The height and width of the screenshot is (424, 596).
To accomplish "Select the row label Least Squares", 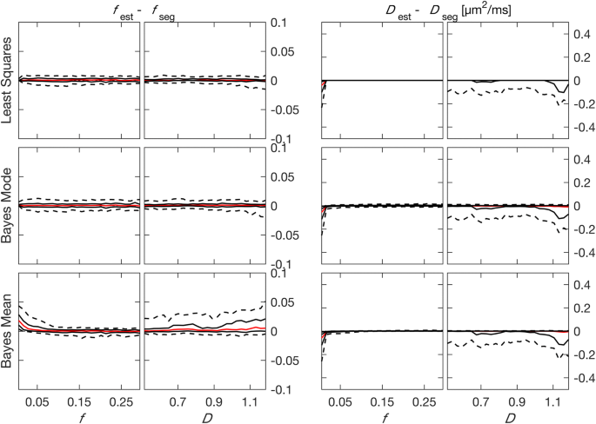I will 8,78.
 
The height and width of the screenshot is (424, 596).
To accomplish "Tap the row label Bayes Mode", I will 8,206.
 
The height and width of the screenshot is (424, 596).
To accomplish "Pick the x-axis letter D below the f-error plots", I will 204,416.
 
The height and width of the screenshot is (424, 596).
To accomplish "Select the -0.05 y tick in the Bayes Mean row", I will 285,361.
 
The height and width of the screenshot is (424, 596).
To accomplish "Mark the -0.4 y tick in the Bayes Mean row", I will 579,379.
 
